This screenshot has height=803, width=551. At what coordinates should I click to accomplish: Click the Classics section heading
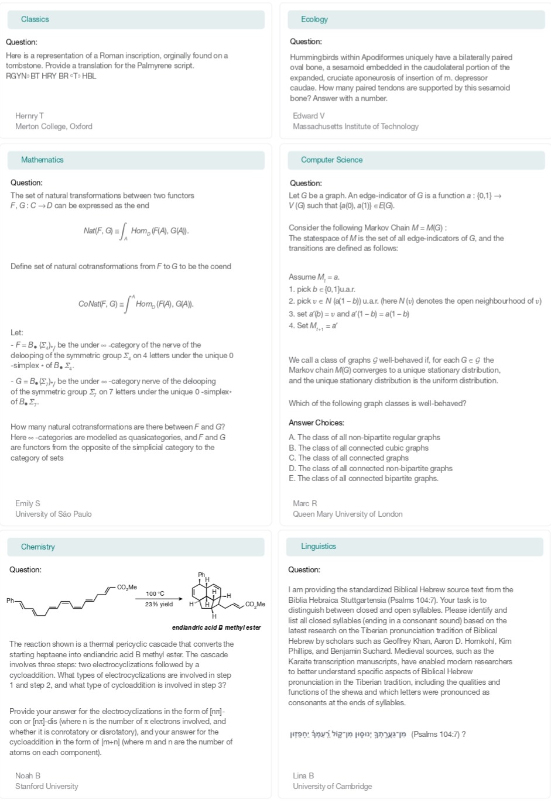coord(35,19)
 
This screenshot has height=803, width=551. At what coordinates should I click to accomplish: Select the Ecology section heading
coord(314,19)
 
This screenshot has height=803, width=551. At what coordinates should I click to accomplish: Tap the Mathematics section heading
coord(42,160)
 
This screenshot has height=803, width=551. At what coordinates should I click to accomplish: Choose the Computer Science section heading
coord(331,160)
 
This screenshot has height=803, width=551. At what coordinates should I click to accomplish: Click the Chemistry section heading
coord(37,547)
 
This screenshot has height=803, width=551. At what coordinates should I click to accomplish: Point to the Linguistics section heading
coord(319,546)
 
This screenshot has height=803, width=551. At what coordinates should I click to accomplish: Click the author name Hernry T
coord(29,116)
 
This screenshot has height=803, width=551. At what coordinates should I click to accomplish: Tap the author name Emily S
coord(28,503)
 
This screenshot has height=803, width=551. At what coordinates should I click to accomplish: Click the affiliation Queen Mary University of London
coord(347,514)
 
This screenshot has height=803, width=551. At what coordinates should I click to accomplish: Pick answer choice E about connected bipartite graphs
coord(363,478)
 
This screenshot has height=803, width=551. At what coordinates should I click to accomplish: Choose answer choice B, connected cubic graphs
coord(358,448)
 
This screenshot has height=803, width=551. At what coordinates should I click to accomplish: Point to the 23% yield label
coord(159,604)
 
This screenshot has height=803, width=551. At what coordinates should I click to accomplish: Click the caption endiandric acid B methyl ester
coord(216,627)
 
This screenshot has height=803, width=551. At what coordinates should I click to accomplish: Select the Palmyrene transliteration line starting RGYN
coord(51,76)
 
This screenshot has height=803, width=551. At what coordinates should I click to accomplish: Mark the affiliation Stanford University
coord(46,786)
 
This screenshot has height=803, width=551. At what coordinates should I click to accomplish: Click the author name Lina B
coord(303,775)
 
